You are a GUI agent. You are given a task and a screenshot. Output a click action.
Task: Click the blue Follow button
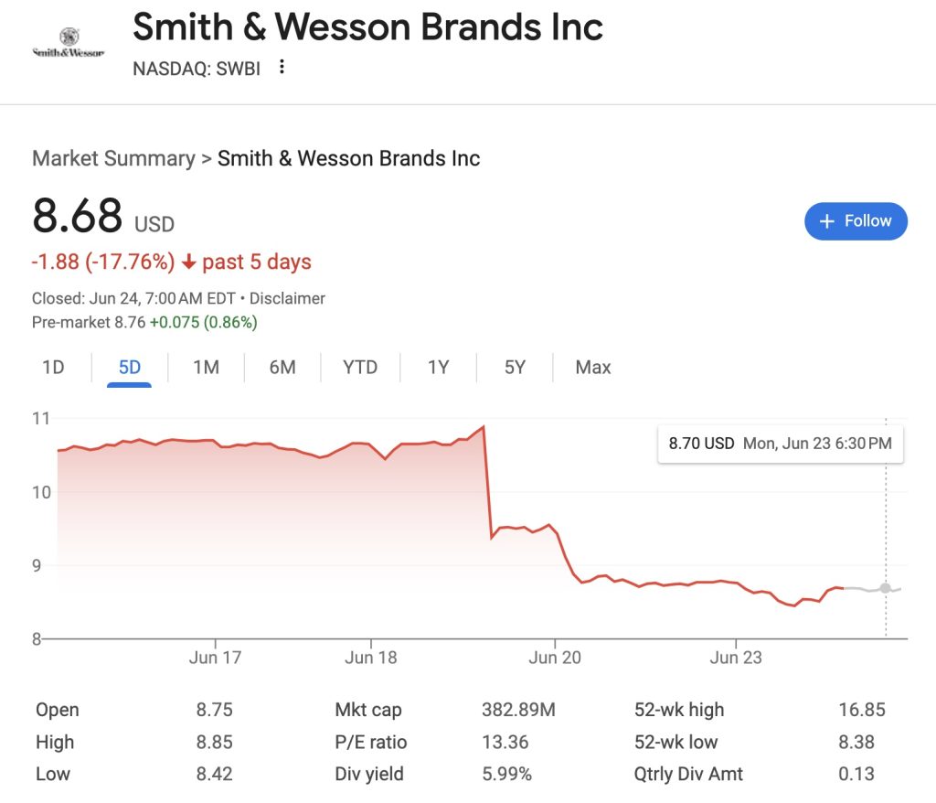[856, 221]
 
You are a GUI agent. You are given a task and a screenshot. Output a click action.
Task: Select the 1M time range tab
[206, 368]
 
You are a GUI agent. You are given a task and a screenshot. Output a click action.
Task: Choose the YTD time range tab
[360, 368]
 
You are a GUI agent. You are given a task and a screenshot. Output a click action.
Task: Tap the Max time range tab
[592, 368]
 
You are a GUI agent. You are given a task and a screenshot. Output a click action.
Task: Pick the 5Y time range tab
[515, 368]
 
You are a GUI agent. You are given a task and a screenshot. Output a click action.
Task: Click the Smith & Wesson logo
[68, 43]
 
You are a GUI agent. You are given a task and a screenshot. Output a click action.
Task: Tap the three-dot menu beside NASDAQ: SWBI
[282, 67]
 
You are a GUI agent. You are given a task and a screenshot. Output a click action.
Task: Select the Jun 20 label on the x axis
[556, 658]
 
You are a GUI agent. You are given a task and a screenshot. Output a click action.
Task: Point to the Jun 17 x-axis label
[216, 658]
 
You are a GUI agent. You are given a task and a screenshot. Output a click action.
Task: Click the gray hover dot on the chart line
[885, 588]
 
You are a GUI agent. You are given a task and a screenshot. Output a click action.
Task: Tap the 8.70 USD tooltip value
[701, 444]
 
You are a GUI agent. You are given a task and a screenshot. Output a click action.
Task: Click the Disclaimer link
[287, 298]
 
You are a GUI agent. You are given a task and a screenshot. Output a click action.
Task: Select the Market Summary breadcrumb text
[113, 158]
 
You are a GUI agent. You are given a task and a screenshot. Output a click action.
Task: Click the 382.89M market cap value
[518, 710]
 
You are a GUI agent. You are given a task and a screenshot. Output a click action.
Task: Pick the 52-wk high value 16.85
[861, 710]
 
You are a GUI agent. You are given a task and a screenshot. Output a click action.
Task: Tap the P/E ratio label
[371, 742]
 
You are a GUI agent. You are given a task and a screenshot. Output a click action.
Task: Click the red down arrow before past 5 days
[189, 262]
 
